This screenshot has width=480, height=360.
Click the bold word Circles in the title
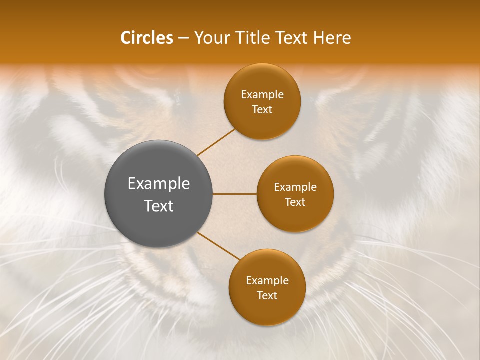coord(147,38)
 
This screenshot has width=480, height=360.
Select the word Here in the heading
coord(332,38)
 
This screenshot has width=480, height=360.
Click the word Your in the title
coord(210,38)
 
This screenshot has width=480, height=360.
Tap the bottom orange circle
coord(267,310)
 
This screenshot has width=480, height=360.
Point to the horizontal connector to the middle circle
coord(234,194)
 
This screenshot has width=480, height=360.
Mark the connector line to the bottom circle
coord(218,246)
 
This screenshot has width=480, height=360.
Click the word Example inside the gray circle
coord(158,184)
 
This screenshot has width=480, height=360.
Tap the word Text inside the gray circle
coord(158,206)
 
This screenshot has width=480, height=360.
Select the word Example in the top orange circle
coord(262,95)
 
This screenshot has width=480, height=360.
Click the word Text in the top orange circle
coord(262,109)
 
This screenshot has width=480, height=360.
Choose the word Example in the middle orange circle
coord(295,187)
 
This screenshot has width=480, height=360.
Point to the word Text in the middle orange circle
coord(295,202)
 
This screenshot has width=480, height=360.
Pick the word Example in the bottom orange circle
coord(267,281)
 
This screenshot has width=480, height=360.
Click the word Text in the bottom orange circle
coord(267,295)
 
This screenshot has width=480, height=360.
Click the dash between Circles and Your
coord(183,38)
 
